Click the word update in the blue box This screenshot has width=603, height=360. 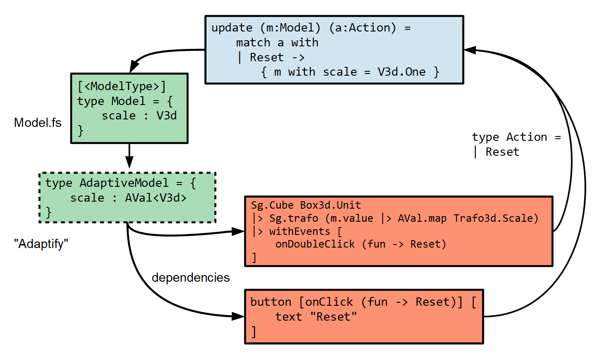pos(231,28)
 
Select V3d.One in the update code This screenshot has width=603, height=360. pos(401,72)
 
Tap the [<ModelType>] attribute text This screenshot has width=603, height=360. pos(122,87)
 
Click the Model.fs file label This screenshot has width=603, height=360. pos(38,122)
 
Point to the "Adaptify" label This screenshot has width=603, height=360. pos(42,245)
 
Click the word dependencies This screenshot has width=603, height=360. pos(190,277)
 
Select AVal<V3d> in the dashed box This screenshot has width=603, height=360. pos(156,198)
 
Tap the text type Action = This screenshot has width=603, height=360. pos(516,137)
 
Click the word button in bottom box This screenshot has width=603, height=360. pos(271,302)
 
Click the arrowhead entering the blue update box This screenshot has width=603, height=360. pos(470,50)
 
